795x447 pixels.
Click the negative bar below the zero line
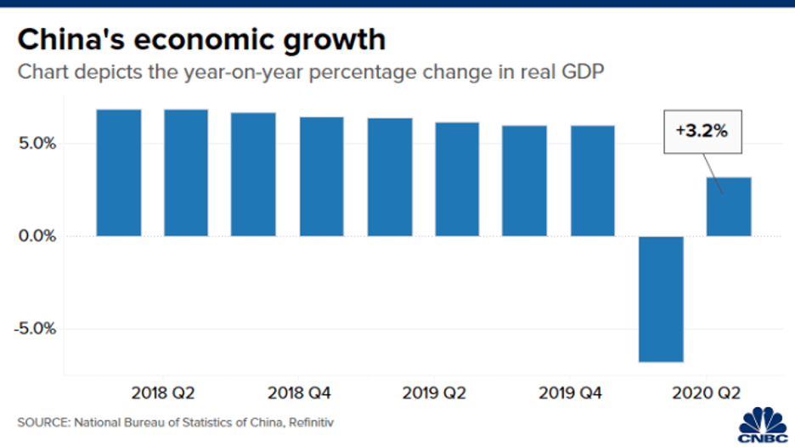click(661, 298)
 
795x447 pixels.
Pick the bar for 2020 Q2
click(729, 206)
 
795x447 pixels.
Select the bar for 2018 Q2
click(186, 173)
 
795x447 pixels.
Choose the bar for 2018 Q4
click(321, 176)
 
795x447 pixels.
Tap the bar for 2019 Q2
click(457, 178)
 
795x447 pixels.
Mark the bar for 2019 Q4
click(592, 180)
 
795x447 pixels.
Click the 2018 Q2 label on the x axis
click(163, 393)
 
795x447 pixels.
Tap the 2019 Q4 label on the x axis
click(570, 393)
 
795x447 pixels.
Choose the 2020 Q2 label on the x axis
click(707, 393)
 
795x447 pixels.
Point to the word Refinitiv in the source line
click(316, 422)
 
